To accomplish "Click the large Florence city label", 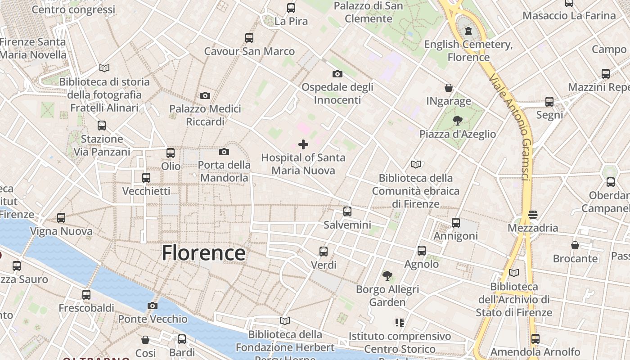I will click(203, 253).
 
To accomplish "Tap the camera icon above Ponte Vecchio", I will click(153, 306).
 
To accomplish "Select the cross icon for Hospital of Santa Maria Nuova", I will click(303, 144).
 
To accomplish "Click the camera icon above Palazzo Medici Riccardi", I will click(205, 95).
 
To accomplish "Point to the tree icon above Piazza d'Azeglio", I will click(458, 121).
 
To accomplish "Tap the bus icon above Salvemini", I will click(347, 211).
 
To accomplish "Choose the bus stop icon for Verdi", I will click(324, 252).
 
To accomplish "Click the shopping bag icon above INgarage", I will click(449, 88).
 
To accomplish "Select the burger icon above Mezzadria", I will click(533, 215).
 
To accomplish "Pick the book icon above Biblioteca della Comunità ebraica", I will click(415, 165).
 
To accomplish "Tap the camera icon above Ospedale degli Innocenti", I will click(337, 74).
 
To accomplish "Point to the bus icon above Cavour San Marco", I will click(249, 38).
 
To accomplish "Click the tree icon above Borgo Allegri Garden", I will click(387, 275).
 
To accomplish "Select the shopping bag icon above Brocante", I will click(575, 245).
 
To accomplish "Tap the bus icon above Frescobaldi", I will click(86, 295).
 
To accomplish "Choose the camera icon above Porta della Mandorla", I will click(224, 152).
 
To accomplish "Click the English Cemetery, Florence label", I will click(468, 51).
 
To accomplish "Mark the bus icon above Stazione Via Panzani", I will click(102, 126).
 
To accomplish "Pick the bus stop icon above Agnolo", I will click(422, 251).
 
